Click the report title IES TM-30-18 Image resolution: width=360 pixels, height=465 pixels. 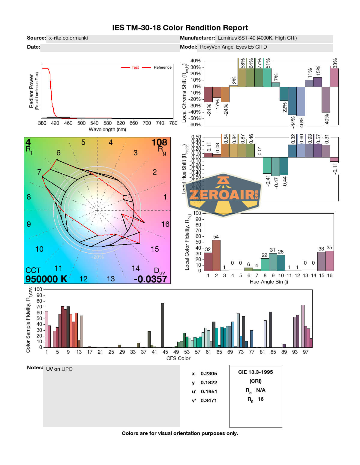(x=180, y=28)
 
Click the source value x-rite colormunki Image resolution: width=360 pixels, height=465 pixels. (x=68, y=38)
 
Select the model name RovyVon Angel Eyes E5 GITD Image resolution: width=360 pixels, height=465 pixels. (x=233, y=47)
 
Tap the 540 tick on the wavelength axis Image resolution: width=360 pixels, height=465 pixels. (x=94, y=123)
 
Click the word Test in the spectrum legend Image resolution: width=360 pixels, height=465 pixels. (x=135, y=67)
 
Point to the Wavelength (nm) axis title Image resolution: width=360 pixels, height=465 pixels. (x=107, y=130)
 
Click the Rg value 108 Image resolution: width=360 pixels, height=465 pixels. (x=159, y=142)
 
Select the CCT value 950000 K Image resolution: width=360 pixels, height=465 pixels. (x=46, y=279)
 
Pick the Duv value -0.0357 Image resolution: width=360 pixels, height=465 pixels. (x=150, y=279)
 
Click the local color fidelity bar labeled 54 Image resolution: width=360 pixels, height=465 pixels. (x=216, y=255)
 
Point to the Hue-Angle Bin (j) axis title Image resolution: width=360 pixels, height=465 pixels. (x=269, y=282)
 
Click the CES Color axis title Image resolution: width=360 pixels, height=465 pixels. (x=178, y=358)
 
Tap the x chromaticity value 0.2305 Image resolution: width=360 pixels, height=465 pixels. (x=209, y=374)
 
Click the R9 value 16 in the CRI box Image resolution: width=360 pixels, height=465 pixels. (x=261, y=399)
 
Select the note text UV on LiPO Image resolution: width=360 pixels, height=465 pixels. (x=59, y=369)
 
